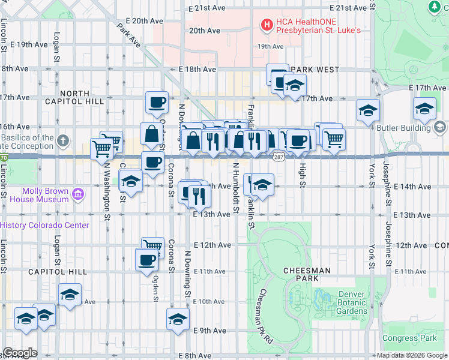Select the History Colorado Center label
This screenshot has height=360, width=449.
coord(45,225)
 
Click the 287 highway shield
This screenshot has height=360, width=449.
coord(278,157)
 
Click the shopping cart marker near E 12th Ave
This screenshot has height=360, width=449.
coord(153,246)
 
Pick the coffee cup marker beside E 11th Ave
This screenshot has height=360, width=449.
coord(147,260)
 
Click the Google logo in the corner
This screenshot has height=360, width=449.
coord(20,353)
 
